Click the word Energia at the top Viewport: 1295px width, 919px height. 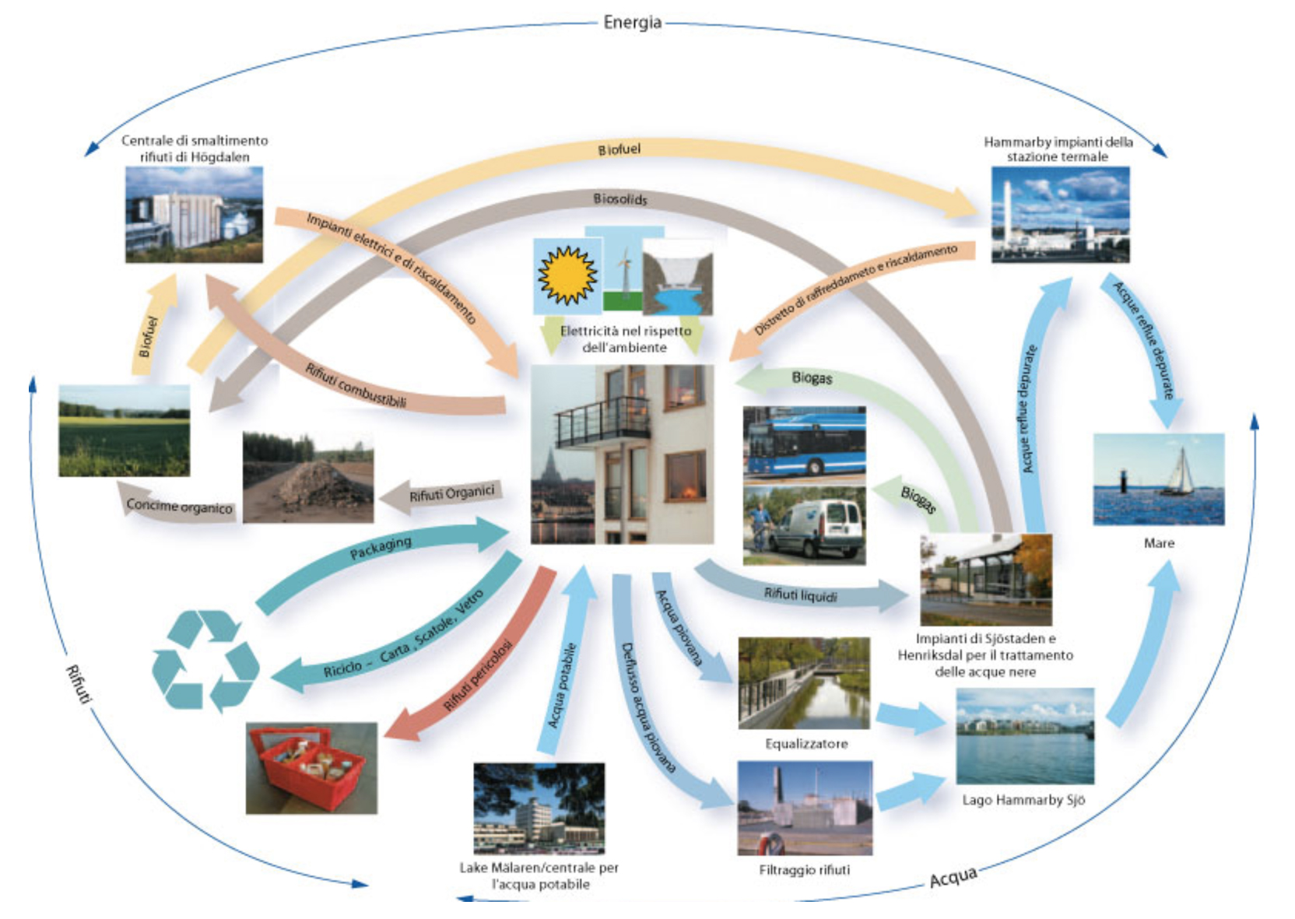632,22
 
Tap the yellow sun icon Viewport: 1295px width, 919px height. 567,275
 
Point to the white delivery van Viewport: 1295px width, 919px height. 817,527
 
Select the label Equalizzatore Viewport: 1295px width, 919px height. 806,744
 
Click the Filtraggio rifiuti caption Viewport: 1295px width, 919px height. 804,870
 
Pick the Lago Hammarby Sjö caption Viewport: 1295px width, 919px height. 1023,800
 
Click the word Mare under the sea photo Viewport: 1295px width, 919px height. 1159,543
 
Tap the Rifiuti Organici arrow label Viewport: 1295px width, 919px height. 451,494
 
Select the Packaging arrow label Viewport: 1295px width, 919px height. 381,548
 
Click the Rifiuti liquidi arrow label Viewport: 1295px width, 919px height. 800,595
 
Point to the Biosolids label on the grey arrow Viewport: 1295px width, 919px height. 619,199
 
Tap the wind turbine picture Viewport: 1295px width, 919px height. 623,268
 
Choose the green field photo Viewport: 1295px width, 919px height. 124,430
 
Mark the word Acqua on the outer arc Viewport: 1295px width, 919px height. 953,878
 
